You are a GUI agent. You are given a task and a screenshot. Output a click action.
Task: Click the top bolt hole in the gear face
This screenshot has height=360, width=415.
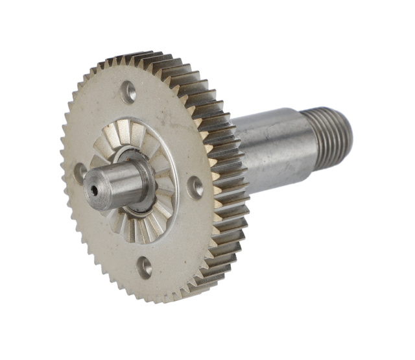click(x=130, y=91)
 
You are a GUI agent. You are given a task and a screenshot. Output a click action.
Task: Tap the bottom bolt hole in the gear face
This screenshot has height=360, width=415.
click(x=145, y=266)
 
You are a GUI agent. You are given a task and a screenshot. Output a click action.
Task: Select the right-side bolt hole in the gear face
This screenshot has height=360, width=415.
click(x=195, y=187)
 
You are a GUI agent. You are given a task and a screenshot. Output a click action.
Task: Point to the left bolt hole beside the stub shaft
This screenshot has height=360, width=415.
click(x=80, y=171)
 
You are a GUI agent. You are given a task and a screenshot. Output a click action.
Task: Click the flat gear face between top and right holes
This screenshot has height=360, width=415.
click(x=175, y=130)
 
